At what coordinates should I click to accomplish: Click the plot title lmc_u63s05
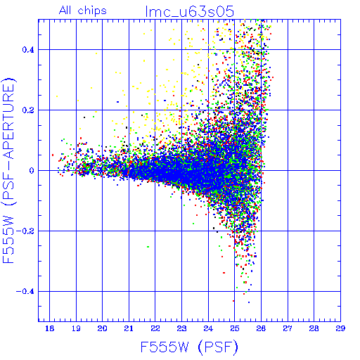point(190,11)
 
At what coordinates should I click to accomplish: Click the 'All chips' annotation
point(83,11)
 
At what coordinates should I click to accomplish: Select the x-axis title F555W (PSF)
point(189,347)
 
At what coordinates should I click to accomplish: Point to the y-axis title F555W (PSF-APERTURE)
point(8,170)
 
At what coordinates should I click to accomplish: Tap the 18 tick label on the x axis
point(49,328)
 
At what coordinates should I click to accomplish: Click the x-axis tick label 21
point(129,328)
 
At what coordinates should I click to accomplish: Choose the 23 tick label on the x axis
point(181,328)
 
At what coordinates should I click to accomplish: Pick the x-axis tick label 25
point(234,328)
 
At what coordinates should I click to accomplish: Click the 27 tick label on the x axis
point(288,328)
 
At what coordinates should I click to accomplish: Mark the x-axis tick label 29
point(340,328)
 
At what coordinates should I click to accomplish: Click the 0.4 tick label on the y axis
point(28,50)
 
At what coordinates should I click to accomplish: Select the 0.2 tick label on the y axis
point(28,110)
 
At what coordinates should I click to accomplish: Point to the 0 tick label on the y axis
point(32,171)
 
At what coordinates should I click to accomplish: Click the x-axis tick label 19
point(76,328)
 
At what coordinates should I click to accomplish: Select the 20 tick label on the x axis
point(102,328)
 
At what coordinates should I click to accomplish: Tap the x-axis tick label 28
point(314,328)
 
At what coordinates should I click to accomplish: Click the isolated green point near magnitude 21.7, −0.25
point(148,247)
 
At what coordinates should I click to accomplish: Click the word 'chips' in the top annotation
point(92,11)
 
